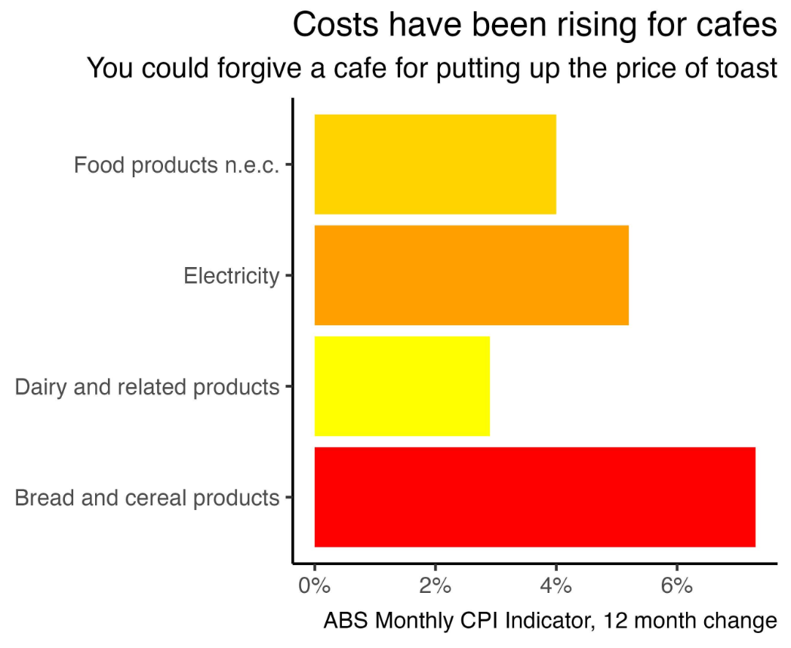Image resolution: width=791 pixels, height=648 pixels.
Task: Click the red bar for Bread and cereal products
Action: [534, 497]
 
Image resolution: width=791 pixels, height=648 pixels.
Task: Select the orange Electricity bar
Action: [471, 275]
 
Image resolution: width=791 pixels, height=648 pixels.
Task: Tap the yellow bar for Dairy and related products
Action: [402, 386]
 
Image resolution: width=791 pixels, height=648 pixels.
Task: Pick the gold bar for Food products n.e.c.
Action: [435, 164]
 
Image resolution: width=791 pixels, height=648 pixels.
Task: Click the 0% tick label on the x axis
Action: [314, 585]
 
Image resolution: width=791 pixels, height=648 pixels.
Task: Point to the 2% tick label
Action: [436, 585]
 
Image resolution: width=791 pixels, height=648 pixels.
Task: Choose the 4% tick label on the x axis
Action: [556, 585]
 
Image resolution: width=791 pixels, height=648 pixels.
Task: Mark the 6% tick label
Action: [677, 585]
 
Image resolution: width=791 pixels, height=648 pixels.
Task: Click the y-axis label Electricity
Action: [231, 276]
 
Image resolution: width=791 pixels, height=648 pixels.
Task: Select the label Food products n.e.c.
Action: [177, 165]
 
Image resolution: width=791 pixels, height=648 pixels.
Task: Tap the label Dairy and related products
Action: [147, 387]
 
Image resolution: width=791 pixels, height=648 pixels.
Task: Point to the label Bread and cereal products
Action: [147, 498]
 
